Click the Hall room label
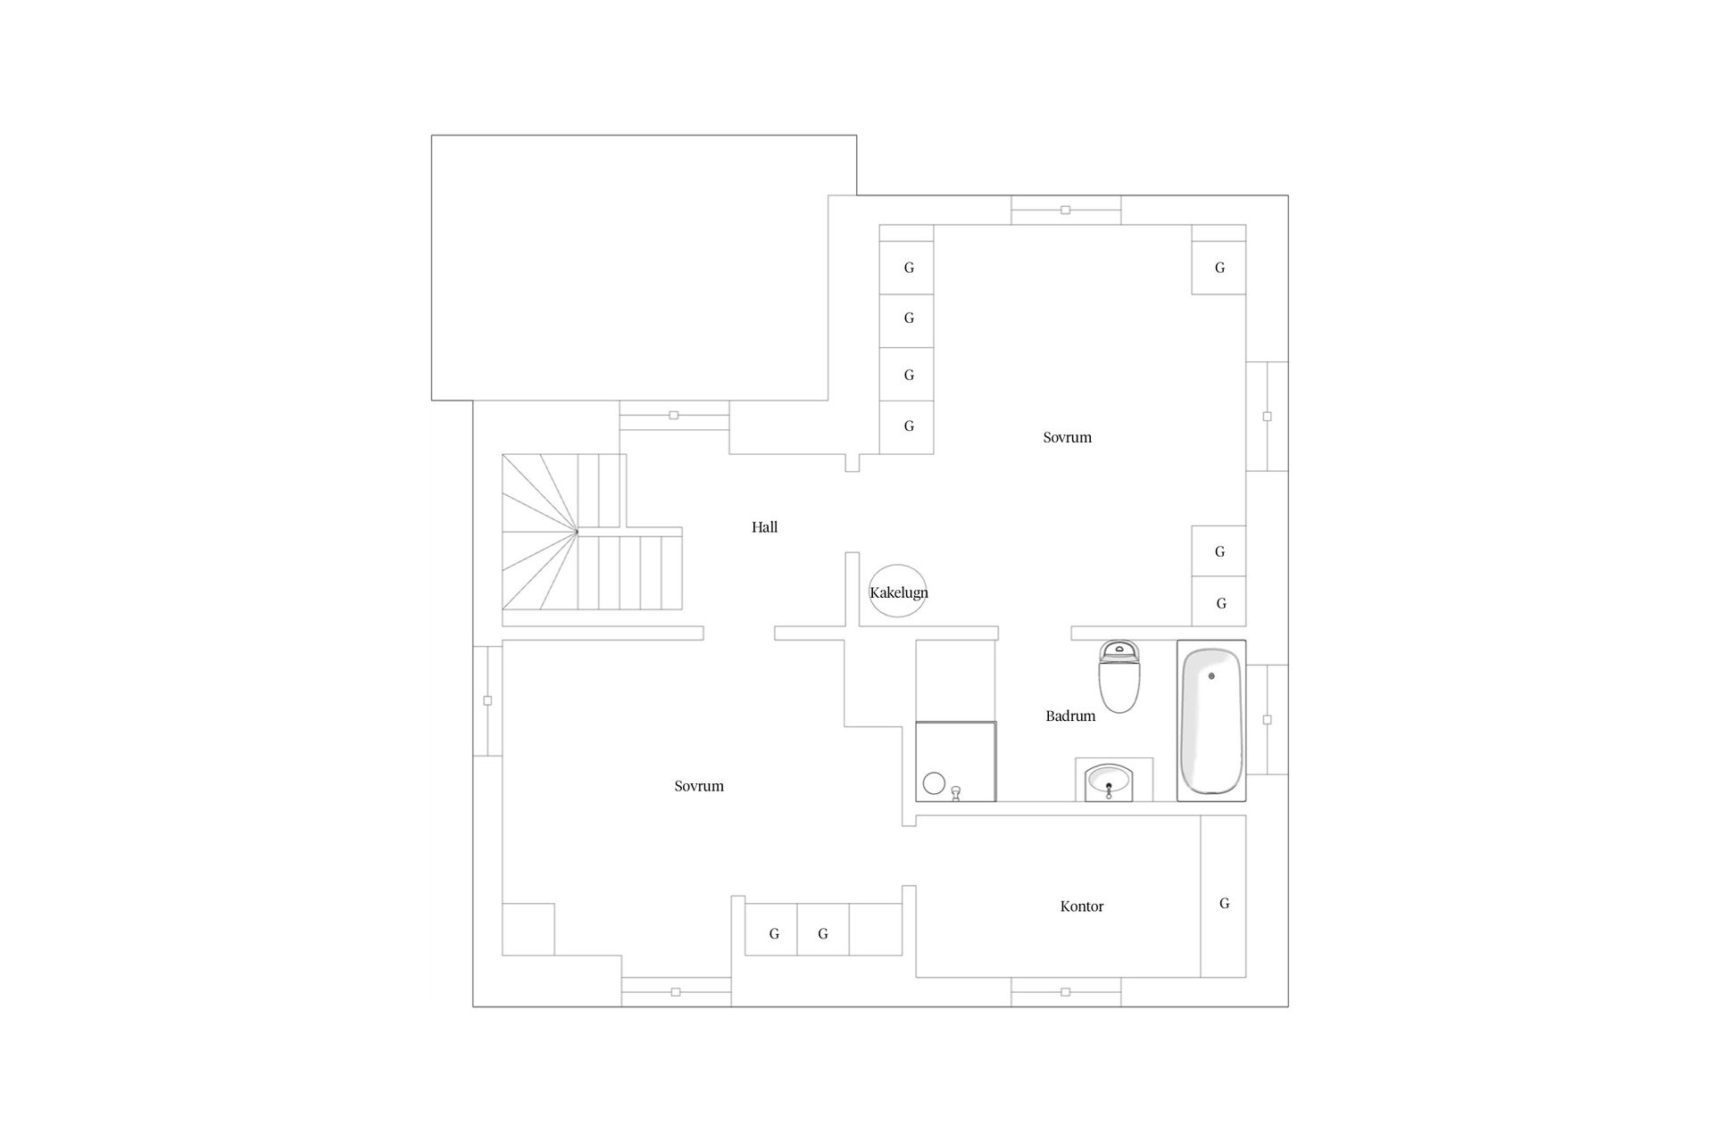[x=764, y=527]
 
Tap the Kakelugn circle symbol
[x=898, y=592]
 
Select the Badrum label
[x=1069, y=716]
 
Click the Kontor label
[x=1081, y=906]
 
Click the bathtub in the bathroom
[x=1211, y=721]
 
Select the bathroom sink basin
[x=1109, y=782]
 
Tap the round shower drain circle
[x=934, y=783]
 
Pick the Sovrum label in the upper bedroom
[x=1067, y=437]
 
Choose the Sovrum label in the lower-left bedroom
[x=699, y=786]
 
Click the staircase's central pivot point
[x=577, y=532]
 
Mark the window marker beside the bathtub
[x=1267, y=719]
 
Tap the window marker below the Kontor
[x=1065, y=992]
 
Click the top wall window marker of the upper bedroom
[x=1065, y=211]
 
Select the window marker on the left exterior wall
[x=487, y=700]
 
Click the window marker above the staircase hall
[x=674, y=415]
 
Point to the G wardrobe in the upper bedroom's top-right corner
[x=1219, y=268]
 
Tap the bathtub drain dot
[x=1211, y=676]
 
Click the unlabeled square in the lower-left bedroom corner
[x=528, y=929]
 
